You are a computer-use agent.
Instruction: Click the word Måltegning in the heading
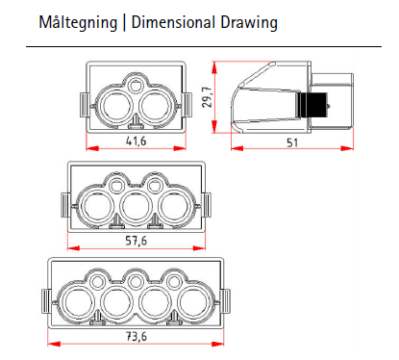coord(78,23)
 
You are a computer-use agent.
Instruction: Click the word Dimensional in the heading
coord(173,22)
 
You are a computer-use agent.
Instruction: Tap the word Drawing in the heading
coord(249,23)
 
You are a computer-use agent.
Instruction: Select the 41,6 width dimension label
coord(136,141)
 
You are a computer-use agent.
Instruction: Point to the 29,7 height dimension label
coord(208,97)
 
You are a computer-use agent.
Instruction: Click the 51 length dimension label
coord(292,142)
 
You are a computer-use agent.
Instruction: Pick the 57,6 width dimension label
coord(136,241)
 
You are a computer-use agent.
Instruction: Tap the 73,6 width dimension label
coord(136,336)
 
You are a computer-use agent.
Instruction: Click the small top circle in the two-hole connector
coord(136,86)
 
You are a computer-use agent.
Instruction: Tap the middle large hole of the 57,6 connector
coord(136,206)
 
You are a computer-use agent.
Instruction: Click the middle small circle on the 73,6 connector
coord(136,282)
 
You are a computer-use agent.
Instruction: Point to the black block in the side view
coord(312,105)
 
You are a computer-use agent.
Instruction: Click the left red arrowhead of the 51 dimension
coord(237,148)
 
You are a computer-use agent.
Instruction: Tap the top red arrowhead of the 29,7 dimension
coord(214,68)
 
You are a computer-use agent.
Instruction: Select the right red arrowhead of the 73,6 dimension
coord(217,344)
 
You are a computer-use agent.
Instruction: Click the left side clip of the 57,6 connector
coord(65,205)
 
